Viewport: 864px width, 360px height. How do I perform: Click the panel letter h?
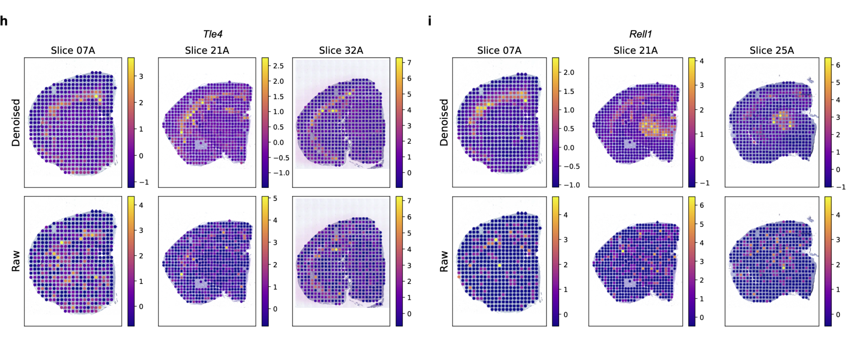pos(4,21)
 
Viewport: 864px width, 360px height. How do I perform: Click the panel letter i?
pos(430,21)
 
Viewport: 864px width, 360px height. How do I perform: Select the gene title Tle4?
pos(213,34)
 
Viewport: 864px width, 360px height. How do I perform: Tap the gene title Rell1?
pos(640,34)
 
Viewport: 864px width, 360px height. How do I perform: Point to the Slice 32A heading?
pos(341,51)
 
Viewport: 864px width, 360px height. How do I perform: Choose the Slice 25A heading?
pos(772,51)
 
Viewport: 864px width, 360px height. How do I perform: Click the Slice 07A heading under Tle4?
pos(73,51)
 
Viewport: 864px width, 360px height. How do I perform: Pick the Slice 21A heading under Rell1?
pos(636,51)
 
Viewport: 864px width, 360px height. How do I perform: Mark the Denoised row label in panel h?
pos(16,123)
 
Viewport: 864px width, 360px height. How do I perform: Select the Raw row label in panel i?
pos(444,261)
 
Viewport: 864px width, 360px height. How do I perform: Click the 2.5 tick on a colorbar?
pos(278,66)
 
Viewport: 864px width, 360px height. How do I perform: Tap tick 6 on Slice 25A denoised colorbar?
pos(838,65)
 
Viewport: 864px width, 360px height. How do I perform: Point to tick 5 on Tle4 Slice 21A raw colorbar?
pos(275,199)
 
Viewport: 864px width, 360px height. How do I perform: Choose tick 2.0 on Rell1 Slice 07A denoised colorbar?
pos(569,72)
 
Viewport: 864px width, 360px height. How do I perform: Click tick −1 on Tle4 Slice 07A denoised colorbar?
pos(144,182)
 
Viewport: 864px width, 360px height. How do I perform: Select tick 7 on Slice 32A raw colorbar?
pos(409,201)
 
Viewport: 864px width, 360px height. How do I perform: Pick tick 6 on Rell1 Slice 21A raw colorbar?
pos(702,205)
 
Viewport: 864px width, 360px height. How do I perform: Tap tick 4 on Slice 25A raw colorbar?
pos(838,215)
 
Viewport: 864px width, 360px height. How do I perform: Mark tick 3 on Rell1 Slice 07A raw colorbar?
pos(566,240)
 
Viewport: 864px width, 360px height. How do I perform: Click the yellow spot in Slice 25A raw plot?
pos(784,268)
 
